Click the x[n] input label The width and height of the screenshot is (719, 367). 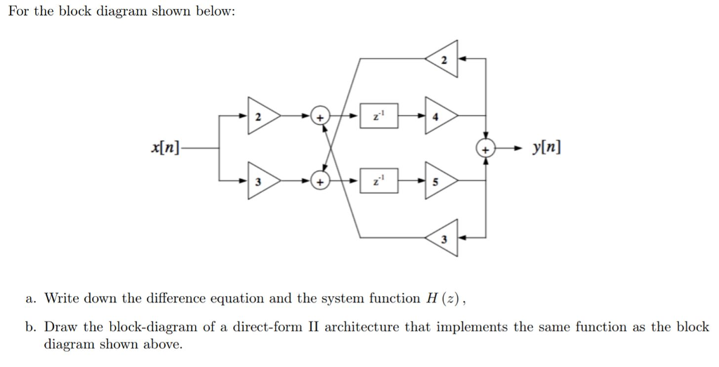click(x=165, y=148)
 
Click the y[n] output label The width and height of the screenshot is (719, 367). click(x=547, y=148)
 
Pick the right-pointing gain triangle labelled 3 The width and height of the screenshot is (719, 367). click(x=260, y=181)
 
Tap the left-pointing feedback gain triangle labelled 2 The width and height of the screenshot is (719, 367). click(x=441, y=60)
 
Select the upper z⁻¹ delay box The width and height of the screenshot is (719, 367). click(x=379, y=116)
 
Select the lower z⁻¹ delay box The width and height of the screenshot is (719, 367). click(x=379, y=181)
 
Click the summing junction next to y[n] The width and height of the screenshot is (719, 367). click(x=486, y=148)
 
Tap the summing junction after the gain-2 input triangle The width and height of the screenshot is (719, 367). click(x=320, y=116)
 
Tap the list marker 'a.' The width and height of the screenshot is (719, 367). click(x=31, y=298)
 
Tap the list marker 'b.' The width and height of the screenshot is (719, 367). click(x=31, y=327)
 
